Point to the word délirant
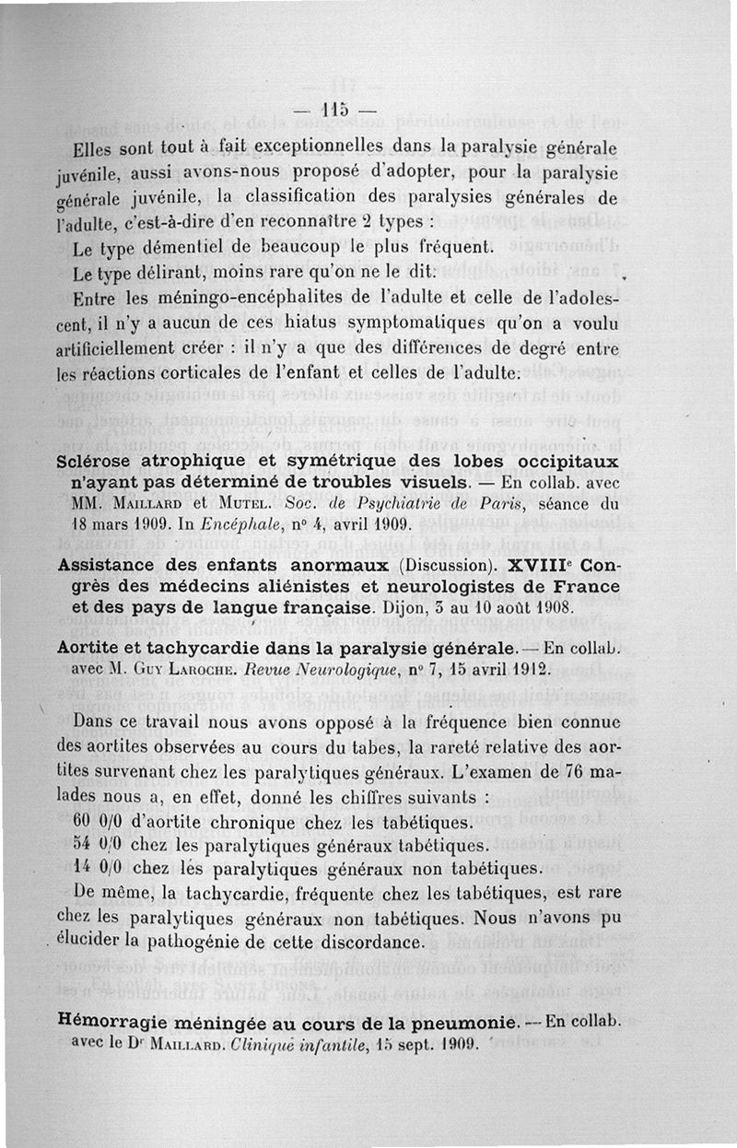coord(164,275)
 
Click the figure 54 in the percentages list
coord(83,845)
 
